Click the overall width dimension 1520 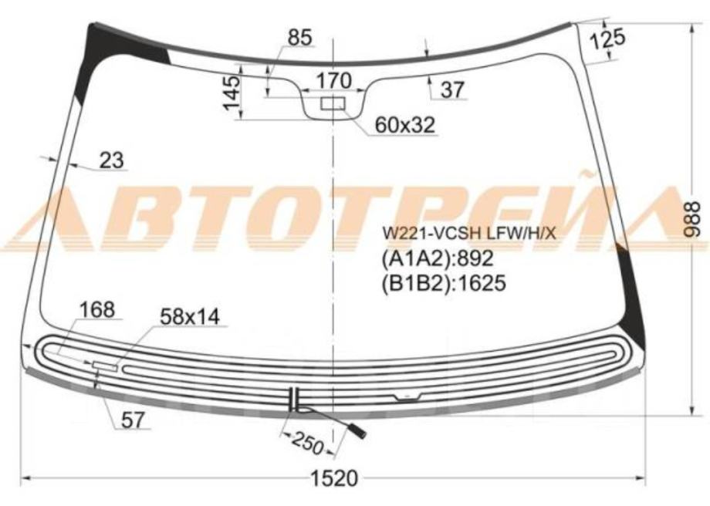(x=334, y=478)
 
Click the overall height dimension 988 (x=692, y=220)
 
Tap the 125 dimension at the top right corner (x=608, y=39)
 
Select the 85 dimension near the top (x=299, y=37)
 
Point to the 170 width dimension (x=333, y=81)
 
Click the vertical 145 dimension (x=232, y=93)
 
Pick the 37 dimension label (x=452, y=89)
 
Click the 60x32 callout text (x=405, y=125)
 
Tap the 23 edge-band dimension (x=111, y=160)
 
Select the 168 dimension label (x=97, y=309)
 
